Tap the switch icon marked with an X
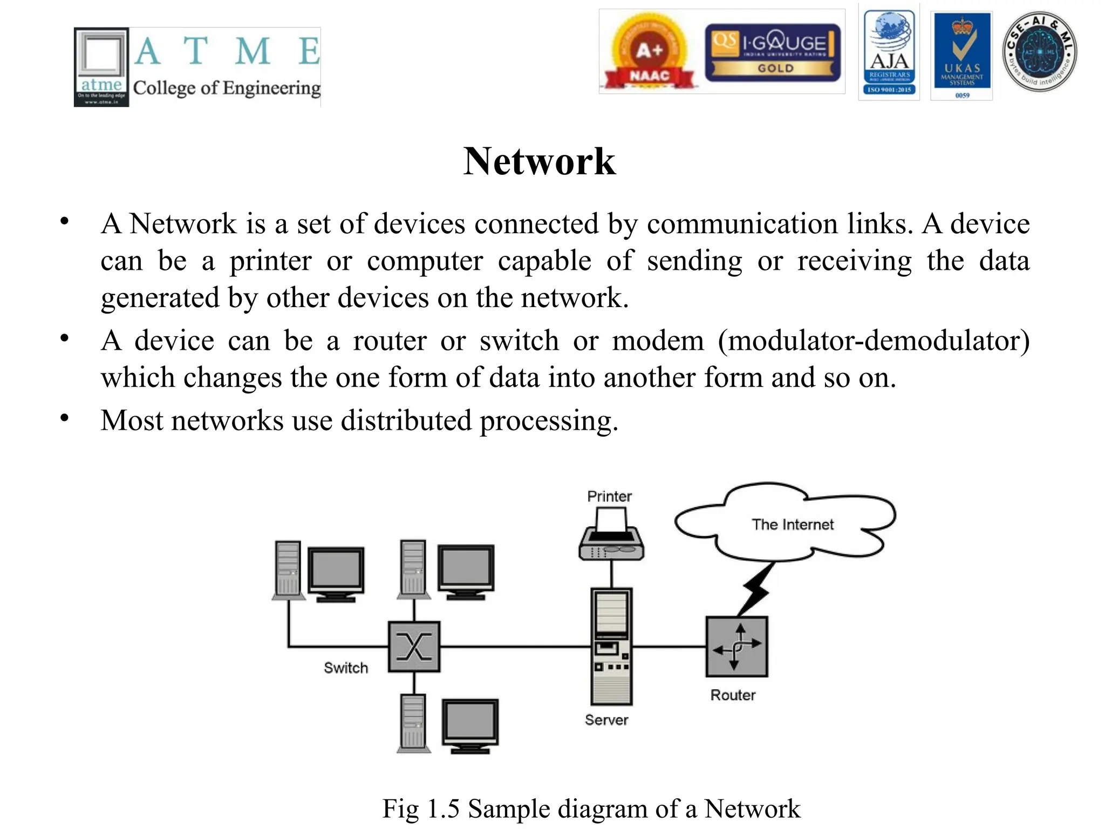(x=414, y=646)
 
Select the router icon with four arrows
(x=736, y=646)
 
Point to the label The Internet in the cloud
(x=792, y=524)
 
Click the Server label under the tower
(x=606, y=719)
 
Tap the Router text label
(x=732, y=695)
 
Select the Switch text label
(x=346, y=668)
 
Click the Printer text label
(x=609, y=496)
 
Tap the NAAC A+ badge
(x=649, y=54)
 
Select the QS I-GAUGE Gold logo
(x=773, y=53)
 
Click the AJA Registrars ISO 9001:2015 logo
(x=889, y=53)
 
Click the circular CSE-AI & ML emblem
(x=1040, y=52)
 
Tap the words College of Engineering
(x=227, y=88)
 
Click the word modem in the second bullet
(x=658, y=341)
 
